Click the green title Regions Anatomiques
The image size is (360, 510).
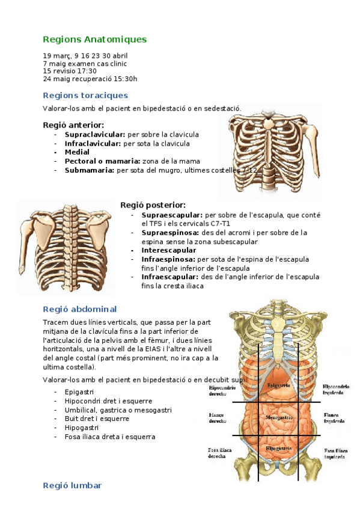pos(94,40)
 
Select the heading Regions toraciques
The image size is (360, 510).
pos(85,95)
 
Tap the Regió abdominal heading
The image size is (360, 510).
pos(80,309)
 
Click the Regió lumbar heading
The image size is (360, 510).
pos(72,485)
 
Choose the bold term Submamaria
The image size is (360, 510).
pos(90,170)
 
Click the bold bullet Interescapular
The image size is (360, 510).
pos(169,250)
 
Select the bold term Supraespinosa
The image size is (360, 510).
pos(168,232)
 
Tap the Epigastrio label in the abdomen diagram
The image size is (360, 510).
pos(279,385)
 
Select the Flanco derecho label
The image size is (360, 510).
pos(217,418)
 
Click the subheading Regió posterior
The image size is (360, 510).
pos(153,205)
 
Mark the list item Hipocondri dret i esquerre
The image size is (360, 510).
pos(108,401)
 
